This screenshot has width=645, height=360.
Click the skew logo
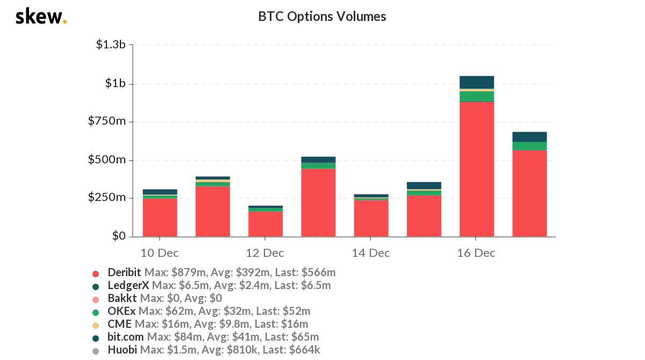point(41,17)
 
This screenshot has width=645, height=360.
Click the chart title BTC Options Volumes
point(322,17)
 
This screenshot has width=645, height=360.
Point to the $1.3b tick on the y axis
point(111,45)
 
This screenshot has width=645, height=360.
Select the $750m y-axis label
point(106,121)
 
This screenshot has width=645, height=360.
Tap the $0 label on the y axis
point(118,236)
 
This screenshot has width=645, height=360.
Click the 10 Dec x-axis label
point(160,253)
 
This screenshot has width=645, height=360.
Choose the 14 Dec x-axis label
point(371,253)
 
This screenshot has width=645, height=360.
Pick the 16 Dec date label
point(476,253)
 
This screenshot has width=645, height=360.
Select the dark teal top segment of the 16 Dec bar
point(476,82)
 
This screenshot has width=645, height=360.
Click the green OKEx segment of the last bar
point(529,146)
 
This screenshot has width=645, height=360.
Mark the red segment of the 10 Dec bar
point(160,218)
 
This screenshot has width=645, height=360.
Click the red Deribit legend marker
point(96,273)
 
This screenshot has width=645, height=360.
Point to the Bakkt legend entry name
point(122,298)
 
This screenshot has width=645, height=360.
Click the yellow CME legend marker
point(96,325)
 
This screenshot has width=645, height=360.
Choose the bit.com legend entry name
point(126,337)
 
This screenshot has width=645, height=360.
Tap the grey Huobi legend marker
point(96,350)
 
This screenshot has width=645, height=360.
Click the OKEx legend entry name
point(121,311)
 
